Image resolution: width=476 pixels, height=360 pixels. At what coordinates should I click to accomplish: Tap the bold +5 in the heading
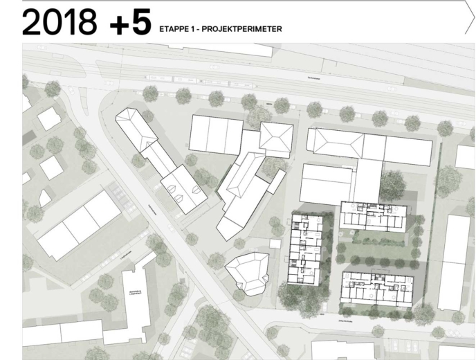[x=130, y=22]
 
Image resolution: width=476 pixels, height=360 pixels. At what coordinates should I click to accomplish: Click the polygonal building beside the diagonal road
[x=248, y=273]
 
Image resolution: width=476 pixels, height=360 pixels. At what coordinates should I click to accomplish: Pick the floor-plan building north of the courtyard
[x=374, y=215]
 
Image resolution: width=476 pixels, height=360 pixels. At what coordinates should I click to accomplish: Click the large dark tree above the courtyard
[x=392, y=185]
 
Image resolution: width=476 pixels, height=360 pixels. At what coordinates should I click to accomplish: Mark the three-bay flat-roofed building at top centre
[x=216, y=134]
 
